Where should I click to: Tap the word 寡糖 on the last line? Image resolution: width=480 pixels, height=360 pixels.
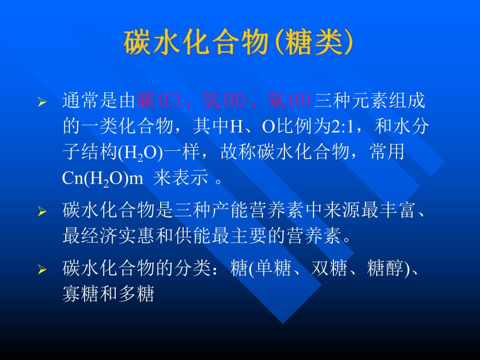pyautogui.click(x=77, y=295)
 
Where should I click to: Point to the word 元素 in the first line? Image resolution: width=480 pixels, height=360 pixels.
pyautogui.click(x=363, y=100)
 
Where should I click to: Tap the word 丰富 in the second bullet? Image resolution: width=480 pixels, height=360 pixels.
pyautogui.click(x=402, y=211)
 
